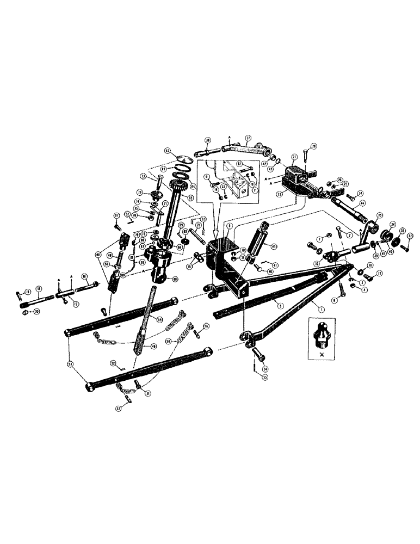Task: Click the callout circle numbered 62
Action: [168, 151]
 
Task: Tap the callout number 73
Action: [143, 176]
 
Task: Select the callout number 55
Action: [266, 376]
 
